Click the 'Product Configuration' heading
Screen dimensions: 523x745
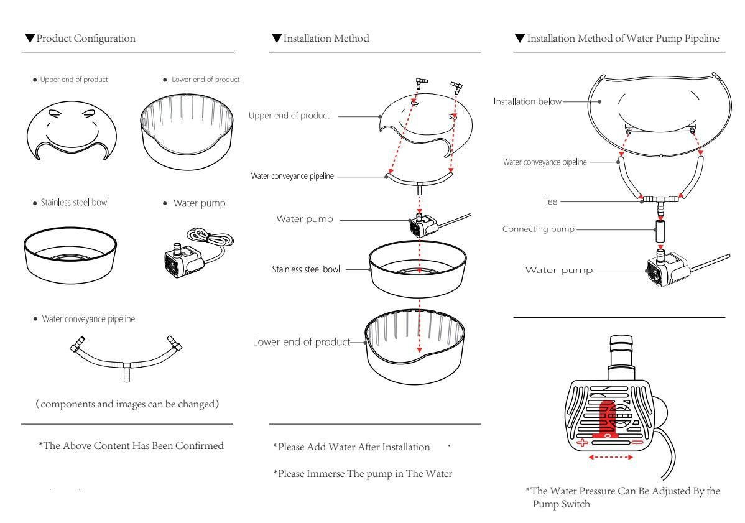[x=85, y=39]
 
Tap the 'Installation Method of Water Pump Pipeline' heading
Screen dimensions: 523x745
[x=622, y=39]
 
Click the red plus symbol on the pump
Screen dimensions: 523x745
[x=583, y=443]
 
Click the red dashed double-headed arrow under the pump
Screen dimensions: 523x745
[x=611, y=458]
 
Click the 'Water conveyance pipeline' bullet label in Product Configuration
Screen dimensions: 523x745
[x=88, y=319]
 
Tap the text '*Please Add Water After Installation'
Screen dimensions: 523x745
[x=352, y=447]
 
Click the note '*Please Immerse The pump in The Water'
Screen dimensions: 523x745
[x=363, y=474]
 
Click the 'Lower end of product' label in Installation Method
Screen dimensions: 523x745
[x=302, y=342]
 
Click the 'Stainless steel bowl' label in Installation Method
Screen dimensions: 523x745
[x=306, y=270]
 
